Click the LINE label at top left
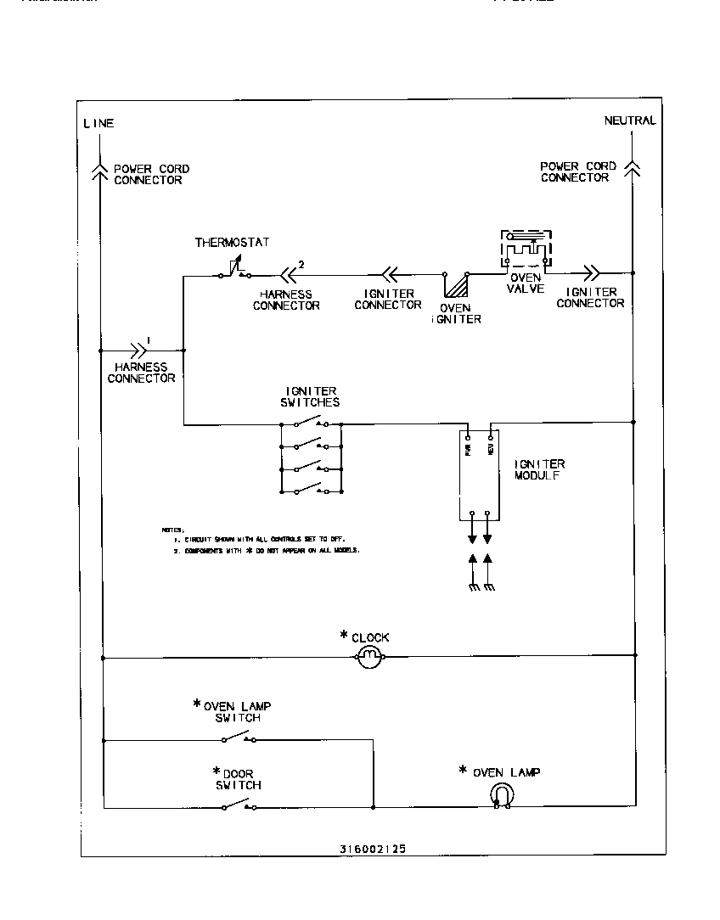tap(98, 124)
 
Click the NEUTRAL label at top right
tap(629, 121)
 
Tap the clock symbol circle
tap(369, 656)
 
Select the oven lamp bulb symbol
tap(502, 794)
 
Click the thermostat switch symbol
tap(233, 271)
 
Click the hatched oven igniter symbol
tap(457, 285)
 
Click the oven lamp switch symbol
tap(239, 738)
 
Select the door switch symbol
tap(239, 805)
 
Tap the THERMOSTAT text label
tap(232, 243)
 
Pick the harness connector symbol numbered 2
tap(290, 274)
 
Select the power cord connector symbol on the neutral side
tap(633, 165)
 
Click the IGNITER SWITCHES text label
tap(310, 396)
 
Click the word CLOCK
tap(370, 637)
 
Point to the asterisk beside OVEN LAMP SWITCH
tap(197, 704)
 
